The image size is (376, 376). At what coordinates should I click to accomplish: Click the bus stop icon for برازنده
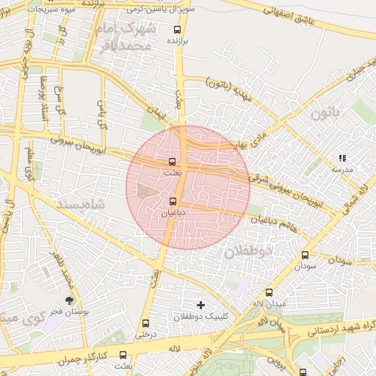coord(176,30)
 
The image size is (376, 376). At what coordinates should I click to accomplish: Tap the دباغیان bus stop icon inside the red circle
coord(173,200)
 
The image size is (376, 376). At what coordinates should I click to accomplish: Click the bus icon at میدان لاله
coord(269,292)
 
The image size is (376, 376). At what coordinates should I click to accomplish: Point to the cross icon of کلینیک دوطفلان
coord(200,304)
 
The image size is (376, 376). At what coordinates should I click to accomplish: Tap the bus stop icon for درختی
coord(145,322)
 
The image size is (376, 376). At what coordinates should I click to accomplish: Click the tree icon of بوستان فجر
coord(69,300)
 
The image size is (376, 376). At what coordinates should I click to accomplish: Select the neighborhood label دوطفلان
coord(248,251)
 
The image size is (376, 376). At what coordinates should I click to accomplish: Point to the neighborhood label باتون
coord(326,114)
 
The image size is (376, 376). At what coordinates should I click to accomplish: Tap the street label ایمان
coord(156,113)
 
